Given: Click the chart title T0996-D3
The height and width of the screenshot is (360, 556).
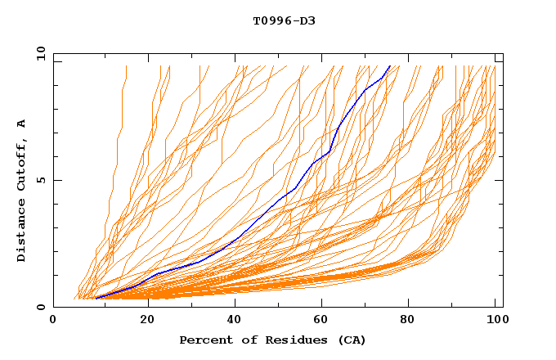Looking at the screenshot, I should click(284, 20).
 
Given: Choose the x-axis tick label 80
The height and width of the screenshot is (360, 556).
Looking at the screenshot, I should click(415, 322).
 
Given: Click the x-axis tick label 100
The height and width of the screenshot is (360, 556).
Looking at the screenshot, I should click(495, 322).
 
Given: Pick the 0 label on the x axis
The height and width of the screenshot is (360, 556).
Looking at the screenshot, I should click(53, 322).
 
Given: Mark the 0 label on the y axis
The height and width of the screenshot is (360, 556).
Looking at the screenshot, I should click(40, 308).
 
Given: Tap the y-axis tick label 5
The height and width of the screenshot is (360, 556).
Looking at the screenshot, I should click(40, 180).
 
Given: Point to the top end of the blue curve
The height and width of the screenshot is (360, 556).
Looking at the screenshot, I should click(390, 66).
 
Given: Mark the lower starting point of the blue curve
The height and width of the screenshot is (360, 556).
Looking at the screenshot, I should click(96, 298).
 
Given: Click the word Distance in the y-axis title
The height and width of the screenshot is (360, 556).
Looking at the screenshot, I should click(22, 232).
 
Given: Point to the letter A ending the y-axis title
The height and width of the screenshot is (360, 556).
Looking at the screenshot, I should click(22, 124).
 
